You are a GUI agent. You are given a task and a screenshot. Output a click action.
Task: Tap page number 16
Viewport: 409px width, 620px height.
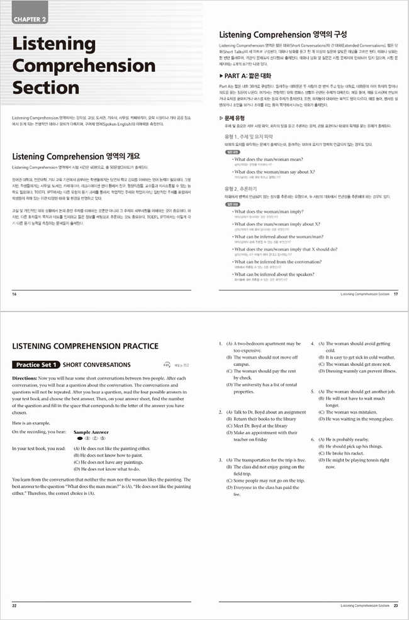click(x=14, y=294)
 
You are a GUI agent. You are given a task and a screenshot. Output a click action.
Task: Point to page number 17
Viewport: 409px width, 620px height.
click(x=395, y=294)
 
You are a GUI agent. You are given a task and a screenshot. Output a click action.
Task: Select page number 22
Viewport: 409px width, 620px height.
click(x=14, y=606)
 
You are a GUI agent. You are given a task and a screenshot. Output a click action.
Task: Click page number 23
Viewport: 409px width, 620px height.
click(x=395, y=606)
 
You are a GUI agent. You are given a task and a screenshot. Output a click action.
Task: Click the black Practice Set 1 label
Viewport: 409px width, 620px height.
click(x=36, y=364)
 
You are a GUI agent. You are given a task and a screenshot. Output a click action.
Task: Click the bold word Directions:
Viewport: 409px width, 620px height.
click(x=25, y=378)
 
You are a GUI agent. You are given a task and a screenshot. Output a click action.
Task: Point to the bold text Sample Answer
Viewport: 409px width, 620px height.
click(x=91, y=432)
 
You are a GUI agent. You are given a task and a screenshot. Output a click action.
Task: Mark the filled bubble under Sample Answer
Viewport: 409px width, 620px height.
click(x=80, y=438)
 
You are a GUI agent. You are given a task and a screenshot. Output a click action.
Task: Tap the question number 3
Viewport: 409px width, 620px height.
click(x=221, y=461)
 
